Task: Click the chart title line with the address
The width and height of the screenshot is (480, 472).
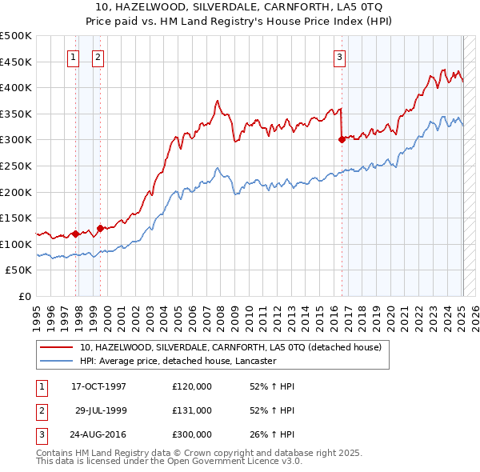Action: (x=240, y=9)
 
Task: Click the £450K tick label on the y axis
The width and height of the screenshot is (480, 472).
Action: (x=16, y=62)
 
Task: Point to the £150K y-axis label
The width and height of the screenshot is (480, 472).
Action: (x=16, y=218)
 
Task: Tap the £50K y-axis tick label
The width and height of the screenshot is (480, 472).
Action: (x=19, y=270)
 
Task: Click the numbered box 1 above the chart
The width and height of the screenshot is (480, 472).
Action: (x=74, y=57)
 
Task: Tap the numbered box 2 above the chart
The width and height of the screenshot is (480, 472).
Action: (x=98, y=57)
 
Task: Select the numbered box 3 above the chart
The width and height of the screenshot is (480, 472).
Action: (x=340, y=57)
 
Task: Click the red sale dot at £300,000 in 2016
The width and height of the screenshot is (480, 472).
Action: (x=342, y=139)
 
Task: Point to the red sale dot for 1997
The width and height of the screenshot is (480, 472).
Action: (x=75, y=234)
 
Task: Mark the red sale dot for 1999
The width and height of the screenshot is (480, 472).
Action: (x=101, y=228)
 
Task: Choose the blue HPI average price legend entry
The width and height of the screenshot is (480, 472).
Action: (x=178, y=361)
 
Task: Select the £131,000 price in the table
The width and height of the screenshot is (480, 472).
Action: (x=192, y=410)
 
